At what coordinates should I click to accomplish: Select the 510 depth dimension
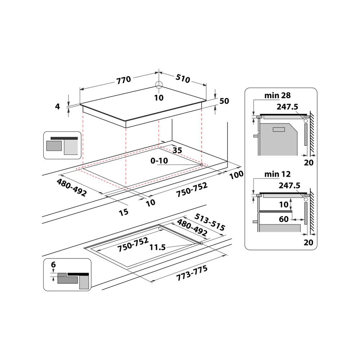click(x=183, y=78)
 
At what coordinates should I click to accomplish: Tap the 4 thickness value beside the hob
click(x=57, y=106)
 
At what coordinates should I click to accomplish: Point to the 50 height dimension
click(x=224, y=101)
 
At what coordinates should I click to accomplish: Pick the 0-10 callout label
click(x=159, y=161)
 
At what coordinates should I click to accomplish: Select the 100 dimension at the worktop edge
click(x=237, y=174)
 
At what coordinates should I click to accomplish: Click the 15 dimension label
click(x=123, y=212)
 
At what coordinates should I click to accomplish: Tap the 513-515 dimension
click(x=209, y=222)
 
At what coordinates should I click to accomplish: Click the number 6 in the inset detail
click(x=53, y=265)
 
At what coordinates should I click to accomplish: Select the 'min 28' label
click(x=277, y=95)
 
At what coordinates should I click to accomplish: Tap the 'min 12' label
click(x=277, y=175)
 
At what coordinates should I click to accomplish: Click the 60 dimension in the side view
click(x=284, y=219)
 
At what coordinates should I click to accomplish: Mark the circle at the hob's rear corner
click(x=159, y=85)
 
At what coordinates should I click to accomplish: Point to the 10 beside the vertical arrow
click(x=284, y=204)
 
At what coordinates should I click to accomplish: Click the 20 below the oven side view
click(x=309, y=163)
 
